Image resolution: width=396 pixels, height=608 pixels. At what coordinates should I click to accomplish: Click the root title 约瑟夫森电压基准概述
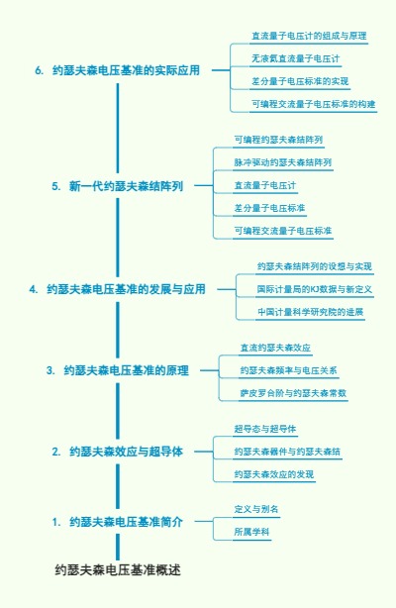tap(118, 570)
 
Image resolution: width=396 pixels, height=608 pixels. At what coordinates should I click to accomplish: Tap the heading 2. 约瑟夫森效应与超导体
tap(118, 452)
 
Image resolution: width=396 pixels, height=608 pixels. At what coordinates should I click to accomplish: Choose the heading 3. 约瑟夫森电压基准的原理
tap(118, 370)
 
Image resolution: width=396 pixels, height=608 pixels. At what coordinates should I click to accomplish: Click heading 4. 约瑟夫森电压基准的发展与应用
tap(118, 289)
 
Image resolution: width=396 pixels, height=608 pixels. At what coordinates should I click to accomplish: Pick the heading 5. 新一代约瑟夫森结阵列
tap(118, 185)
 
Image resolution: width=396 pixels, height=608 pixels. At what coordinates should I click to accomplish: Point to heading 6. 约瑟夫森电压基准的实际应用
tap(118, 70)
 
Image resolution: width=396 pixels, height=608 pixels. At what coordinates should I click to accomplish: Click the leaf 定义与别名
tap(256, 509)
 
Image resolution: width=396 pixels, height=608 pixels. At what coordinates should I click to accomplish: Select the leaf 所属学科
tap(251, 532)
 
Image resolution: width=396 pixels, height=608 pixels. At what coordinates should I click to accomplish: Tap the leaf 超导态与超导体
tap(265, 429)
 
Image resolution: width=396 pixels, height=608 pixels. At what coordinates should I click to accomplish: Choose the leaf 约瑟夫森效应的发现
tap(274, 474)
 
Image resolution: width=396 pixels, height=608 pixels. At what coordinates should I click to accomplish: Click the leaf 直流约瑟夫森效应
tap(275, 348)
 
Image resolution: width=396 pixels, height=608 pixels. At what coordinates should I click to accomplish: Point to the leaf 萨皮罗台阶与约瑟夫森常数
tap(293, 393)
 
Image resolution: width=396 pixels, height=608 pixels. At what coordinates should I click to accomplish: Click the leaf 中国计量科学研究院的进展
tap(310, 312)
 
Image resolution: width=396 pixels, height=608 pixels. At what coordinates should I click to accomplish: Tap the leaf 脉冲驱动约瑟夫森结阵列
tap(282, 161)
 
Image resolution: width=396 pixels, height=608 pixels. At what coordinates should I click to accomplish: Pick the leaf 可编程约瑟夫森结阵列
tap(278, 139)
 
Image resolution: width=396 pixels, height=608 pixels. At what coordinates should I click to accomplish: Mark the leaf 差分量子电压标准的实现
tap(300, 81)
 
